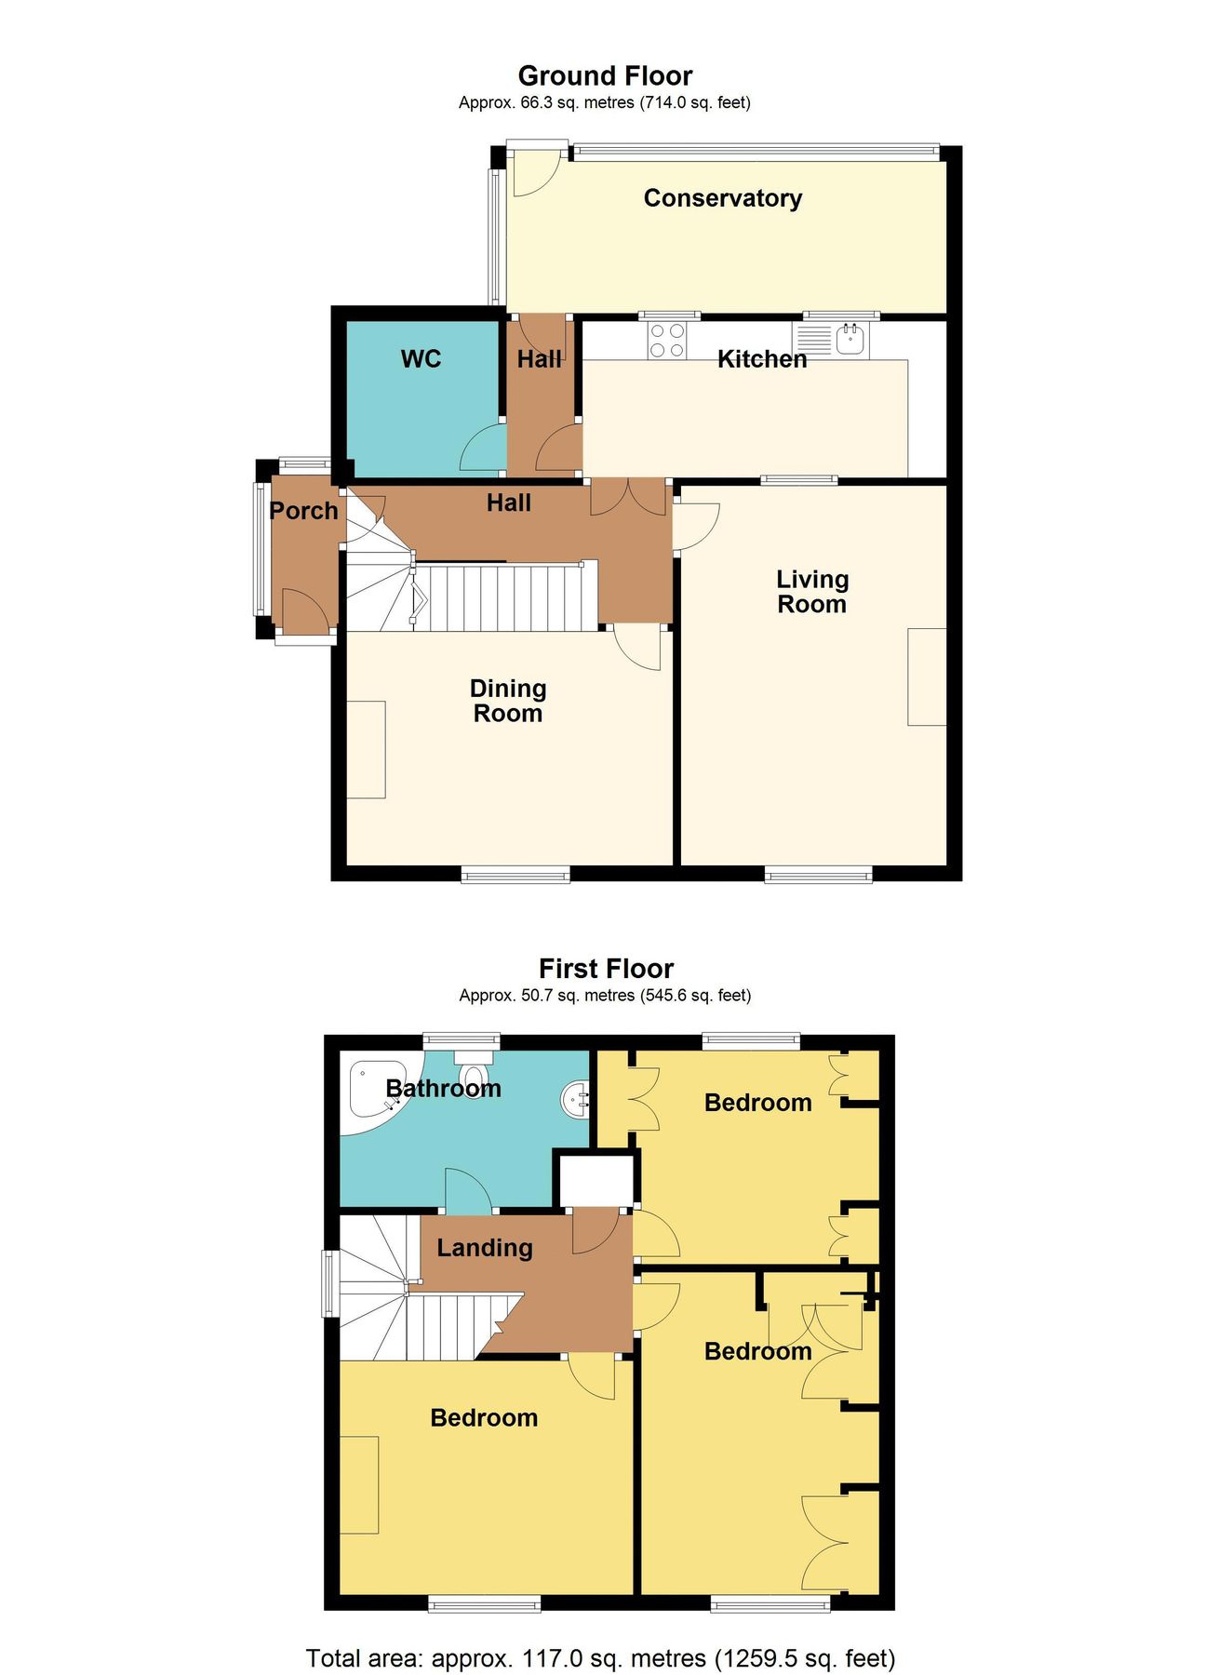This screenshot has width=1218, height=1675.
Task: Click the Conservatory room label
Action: point(722,198)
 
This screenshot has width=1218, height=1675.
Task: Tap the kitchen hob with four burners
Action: point(666,341)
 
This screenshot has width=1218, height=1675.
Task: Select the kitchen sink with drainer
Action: point(832,341)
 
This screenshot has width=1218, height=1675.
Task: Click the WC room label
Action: point(421,359)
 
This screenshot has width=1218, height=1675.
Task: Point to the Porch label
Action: point(303,511)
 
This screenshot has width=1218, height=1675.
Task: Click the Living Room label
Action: point(812,592)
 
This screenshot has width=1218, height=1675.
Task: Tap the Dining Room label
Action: point(507,701)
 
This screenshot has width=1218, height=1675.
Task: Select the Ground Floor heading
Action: point(605,76)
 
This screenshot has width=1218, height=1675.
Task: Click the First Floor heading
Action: point(606,969)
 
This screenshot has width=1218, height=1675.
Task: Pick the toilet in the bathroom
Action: point(474,1072)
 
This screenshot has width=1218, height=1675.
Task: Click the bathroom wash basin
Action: point(576,1099)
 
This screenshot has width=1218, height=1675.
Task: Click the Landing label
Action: point(485,1248)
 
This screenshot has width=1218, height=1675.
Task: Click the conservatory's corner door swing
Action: point(532,172)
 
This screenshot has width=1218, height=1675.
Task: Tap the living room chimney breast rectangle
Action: point(927,677)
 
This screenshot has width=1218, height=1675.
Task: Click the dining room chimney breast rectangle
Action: point(366,749)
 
